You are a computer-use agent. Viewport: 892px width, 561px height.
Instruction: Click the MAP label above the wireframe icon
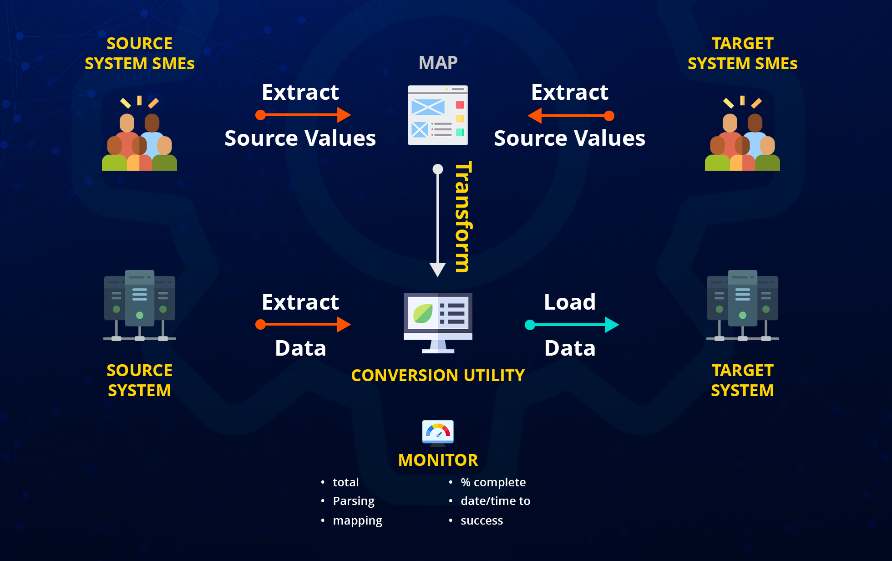point(438,62)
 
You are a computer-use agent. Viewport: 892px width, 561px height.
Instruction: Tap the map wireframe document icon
point(438,115)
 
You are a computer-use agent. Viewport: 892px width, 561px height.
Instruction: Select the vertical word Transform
point(463,217)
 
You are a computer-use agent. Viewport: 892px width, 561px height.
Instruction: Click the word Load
point(570,302)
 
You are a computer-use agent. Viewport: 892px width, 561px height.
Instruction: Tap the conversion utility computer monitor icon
point(438,323)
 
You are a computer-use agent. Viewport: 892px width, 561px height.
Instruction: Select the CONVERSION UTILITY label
point(438,375)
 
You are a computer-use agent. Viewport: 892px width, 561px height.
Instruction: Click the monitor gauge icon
point(438,433)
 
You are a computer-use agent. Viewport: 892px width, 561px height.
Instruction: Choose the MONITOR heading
point(438,460)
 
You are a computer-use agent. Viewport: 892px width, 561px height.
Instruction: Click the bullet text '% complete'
point(493,482)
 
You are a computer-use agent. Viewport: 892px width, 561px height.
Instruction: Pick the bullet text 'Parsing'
point(354,501)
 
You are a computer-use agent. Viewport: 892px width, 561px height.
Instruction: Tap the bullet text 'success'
point(481,520)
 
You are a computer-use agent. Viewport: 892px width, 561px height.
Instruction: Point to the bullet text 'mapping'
point(357,521)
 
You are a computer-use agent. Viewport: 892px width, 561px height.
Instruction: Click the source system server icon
point(139,306)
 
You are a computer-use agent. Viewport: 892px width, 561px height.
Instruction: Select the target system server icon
point(742,306)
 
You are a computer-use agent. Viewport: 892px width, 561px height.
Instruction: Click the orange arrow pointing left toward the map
point(571,116)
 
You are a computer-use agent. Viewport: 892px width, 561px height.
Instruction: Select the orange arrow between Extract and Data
point(303,324)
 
